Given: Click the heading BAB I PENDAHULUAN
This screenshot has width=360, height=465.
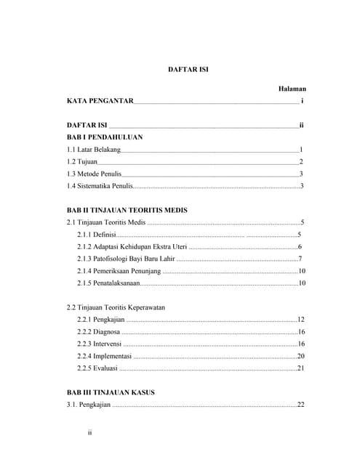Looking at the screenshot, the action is (105, 137).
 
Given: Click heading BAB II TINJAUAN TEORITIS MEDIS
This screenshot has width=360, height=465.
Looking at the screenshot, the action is (127, 210).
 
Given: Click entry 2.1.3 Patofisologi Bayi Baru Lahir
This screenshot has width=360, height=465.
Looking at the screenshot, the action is (126, 259).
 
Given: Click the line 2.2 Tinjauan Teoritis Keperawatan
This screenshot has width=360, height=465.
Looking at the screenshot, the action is (116, 307).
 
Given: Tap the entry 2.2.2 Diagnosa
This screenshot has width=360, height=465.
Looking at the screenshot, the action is (99, 332).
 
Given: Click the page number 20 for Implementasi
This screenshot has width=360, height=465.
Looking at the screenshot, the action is (300, 356).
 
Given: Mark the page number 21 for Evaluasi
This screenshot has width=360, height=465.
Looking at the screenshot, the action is (300, 368).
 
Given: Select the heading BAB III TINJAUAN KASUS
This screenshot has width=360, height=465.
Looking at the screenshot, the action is (111, 392).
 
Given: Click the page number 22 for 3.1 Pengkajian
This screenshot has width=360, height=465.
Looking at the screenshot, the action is (300, 405).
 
